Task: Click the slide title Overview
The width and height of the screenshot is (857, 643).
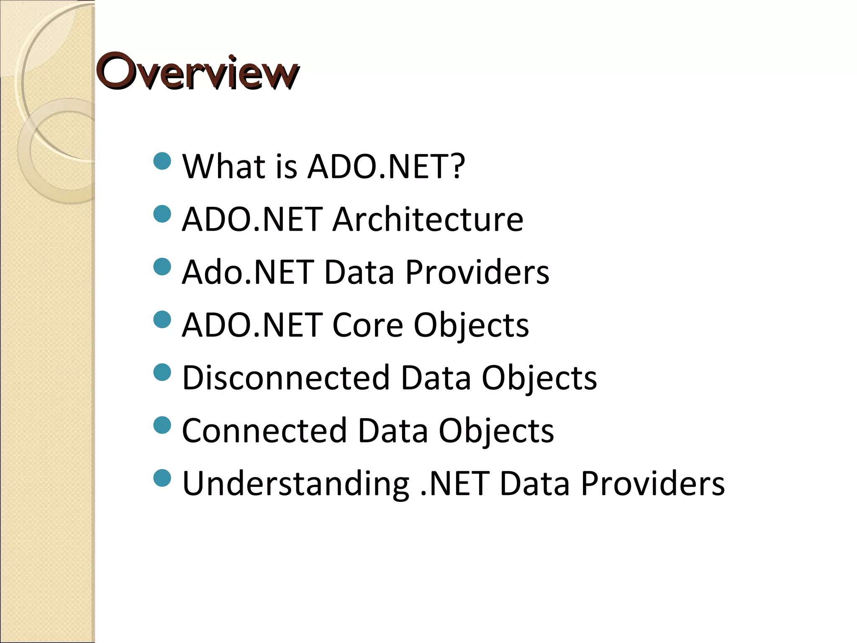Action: point(198,72)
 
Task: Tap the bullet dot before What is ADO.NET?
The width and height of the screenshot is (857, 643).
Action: point(162,161)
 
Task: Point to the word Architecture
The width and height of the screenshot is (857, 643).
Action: point(428,219)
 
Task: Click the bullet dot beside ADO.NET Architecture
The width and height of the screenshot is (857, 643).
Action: point(162,214)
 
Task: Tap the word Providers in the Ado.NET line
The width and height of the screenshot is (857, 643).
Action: point(477,272)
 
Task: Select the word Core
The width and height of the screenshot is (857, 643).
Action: point(367,325)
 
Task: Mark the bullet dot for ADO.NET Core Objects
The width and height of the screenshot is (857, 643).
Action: point(162,320)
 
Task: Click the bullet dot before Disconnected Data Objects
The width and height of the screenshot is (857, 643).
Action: point(162,373)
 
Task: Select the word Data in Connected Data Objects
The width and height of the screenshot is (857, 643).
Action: point(393,430)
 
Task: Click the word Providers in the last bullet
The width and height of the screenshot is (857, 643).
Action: point(653,483)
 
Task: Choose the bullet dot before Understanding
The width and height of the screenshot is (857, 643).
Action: point(162,478)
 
